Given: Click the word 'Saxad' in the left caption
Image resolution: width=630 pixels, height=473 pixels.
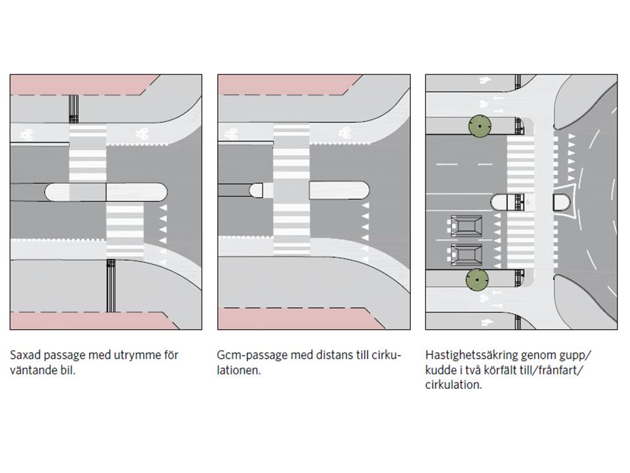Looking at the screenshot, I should [24, 355].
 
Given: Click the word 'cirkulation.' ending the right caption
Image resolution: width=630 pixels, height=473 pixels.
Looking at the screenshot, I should [453, 386].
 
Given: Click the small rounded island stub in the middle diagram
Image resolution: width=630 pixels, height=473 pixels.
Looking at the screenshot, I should [257, 191].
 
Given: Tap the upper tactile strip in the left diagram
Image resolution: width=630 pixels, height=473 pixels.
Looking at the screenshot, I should [74, 108].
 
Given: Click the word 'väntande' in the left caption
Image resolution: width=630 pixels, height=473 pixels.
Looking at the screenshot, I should [30, 371].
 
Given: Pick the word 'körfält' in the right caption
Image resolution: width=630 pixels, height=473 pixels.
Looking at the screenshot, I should [508, 371].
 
